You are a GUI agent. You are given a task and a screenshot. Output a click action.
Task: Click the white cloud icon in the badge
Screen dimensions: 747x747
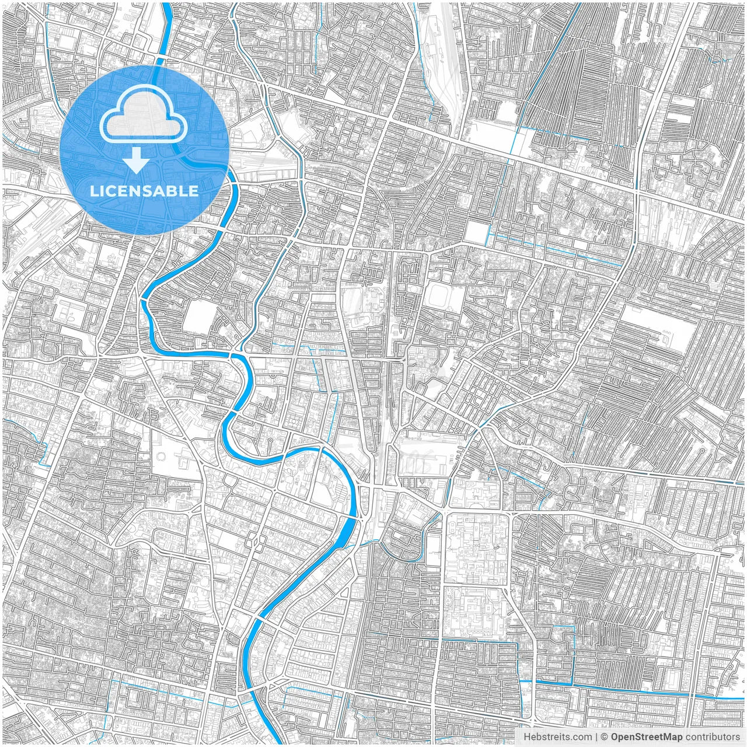click(144, 116)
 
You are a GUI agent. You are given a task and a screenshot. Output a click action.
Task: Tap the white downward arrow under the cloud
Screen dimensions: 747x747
click(137, 160)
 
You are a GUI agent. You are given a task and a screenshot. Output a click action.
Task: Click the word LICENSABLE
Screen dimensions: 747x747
click(144, 191)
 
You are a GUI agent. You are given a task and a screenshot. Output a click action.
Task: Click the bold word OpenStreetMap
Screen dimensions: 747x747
click(647, 737)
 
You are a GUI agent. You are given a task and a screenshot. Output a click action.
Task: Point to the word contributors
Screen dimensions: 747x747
click(713, 737)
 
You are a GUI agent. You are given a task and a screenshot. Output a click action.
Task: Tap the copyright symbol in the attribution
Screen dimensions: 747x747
click(605, 737)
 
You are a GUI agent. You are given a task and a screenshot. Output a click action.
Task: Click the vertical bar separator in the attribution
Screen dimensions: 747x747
click(596, 737)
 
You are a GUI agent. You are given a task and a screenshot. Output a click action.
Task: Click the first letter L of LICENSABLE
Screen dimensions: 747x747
click(93, 191)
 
